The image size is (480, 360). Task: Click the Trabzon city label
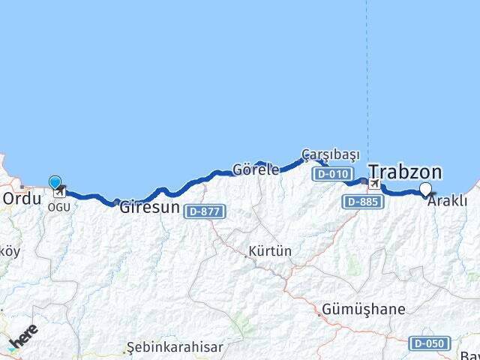[405, 172]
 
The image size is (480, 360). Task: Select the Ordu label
[21, 199]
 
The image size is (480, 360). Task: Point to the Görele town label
[256, 169]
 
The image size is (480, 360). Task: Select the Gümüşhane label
[363, 309]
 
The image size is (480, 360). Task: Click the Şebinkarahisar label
[175, 347]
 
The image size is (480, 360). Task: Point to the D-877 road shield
[204, 211]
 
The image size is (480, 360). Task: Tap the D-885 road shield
[364, 202]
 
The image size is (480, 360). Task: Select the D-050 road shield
[430, 343]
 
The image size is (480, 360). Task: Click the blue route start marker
[55, 182]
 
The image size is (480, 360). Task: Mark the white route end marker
[426, 189]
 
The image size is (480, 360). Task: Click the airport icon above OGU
[59, 191]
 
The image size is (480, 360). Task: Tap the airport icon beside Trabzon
[373, 183]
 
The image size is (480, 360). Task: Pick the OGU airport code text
[59, 207]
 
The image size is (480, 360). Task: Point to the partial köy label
[9, 251]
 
